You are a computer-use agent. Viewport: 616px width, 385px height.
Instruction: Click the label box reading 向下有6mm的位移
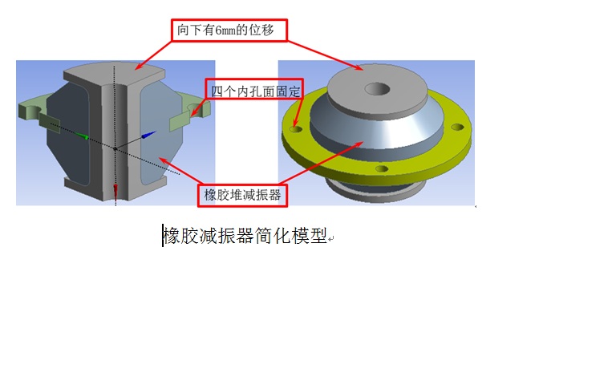click(x=229, y=30)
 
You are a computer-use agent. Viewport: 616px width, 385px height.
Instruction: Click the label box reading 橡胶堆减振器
click(x=242, y=195)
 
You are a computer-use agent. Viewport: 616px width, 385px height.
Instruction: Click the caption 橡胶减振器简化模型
click(x=245, y=236)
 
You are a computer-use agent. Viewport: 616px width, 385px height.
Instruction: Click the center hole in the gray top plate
click(x=377, y=89)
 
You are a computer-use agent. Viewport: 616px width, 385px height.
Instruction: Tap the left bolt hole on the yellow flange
click(x=296, y=129)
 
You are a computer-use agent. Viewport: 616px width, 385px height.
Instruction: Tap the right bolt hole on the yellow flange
click(x=457, y=128)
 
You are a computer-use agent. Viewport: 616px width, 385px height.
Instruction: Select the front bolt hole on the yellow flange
click(x=382, y=169)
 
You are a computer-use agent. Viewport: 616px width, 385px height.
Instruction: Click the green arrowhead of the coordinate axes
click(x=83, y=136)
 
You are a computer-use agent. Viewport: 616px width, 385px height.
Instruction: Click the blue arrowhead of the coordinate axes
click(x=149, y=135)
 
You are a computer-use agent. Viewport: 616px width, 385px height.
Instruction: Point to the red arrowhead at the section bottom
click(x=115, y=191)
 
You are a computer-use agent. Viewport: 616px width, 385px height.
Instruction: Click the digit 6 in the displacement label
click(x=218, y=30)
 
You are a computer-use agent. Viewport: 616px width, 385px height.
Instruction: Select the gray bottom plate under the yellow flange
click(x=375, y=192)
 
